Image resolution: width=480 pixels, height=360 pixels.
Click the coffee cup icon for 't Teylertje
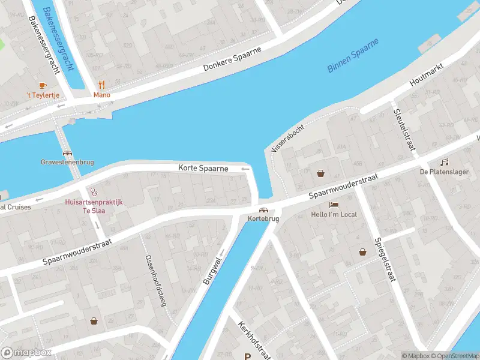pos(42,86)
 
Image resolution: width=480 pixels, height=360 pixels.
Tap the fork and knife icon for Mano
pos(102,85)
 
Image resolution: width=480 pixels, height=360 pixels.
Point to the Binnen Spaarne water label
pos(353,56)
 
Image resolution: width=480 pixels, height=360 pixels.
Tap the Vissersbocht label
pos(288,137)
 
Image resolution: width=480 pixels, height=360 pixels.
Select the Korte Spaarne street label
pos(203,169)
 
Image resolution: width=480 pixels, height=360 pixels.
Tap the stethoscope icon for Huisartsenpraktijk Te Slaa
pos(94,192)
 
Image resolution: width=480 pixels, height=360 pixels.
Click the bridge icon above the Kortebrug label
pos(263,209)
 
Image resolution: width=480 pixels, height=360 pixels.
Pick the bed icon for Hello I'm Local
pos(334,205)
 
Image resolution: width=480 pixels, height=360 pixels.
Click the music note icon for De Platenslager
pos(445,162)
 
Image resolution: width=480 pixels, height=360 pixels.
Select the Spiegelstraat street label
pos(378,253)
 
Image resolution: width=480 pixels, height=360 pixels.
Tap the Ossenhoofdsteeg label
pos(155,280)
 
